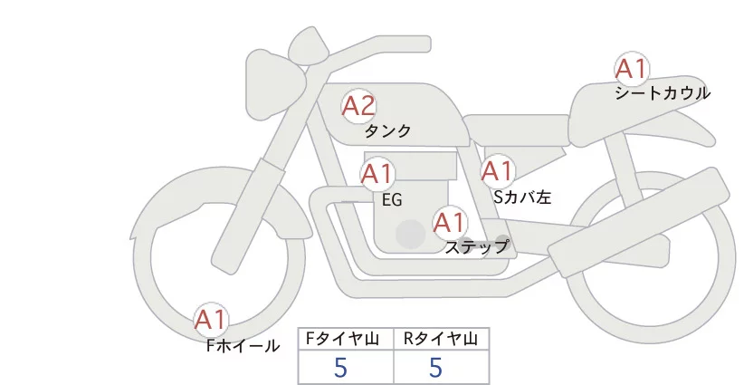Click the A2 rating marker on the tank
click(358, 107)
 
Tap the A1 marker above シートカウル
click(631, 70)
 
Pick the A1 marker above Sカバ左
click(497, 170)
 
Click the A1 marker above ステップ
click(449, 222)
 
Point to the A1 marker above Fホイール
click(212, 320)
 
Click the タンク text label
click(387, 131)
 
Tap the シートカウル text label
click(663, 93)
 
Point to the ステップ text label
click(476, 246)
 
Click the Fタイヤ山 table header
click(345, 339)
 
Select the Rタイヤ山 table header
click(441, 339)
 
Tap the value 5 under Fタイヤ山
click(341, 367)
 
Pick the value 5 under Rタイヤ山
click(435, 367)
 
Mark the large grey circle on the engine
click(411, 235)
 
